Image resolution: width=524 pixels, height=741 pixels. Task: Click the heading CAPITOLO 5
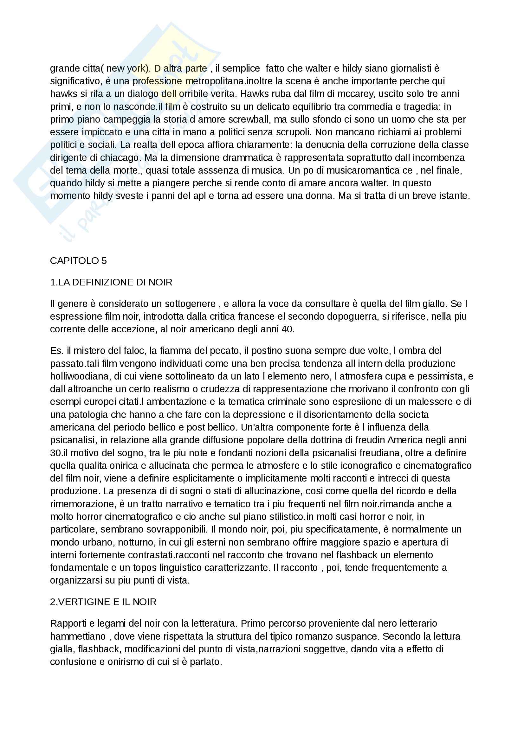click(x=78, y=260)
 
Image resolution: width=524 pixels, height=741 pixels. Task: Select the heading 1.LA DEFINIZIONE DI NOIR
click(x=111, y=282)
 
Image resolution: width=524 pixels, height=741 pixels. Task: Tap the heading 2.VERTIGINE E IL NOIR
click(x=103, y=602)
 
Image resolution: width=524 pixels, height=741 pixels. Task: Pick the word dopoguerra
click(x=352, y=316)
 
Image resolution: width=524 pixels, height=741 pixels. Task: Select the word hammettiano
click(x=78, y=636)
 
